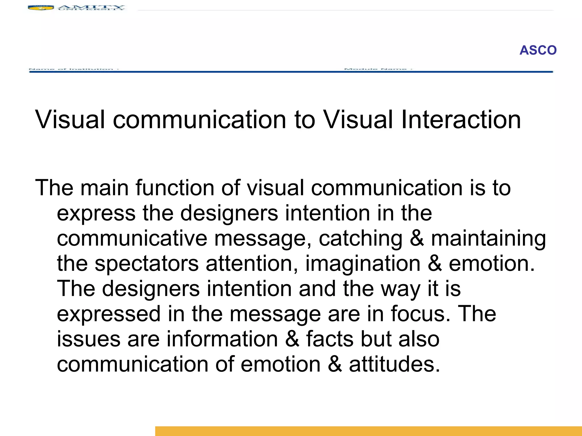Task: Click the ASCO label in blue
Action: [x=538, y=50]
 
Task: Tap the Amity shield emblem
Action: [x=41, y=8]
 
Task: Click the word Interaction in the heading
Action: [x=461, y=120]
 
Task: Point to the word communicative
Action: [x=132, y=238]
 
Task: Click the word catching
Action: [x=360, y=238]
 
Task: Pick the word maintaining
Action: [x=488, y=238]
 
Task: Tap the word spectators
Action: [x=146, y=264]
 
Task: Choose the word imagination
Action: [x=363, y=264]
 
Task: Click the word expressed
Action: [x=109, y=314]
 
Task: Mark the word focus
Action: [x=420, y=314]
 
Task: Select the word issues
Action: [x=89, y=339]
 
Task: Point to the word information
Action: [x=222, y=339]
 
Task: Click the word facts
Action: [x=329, y=339]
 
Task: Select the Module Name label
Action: [x=378, y=69]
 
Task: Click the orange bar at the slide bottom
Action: [x=368, y=431]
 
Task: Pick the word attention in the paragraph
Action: [x=252, y=264]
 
